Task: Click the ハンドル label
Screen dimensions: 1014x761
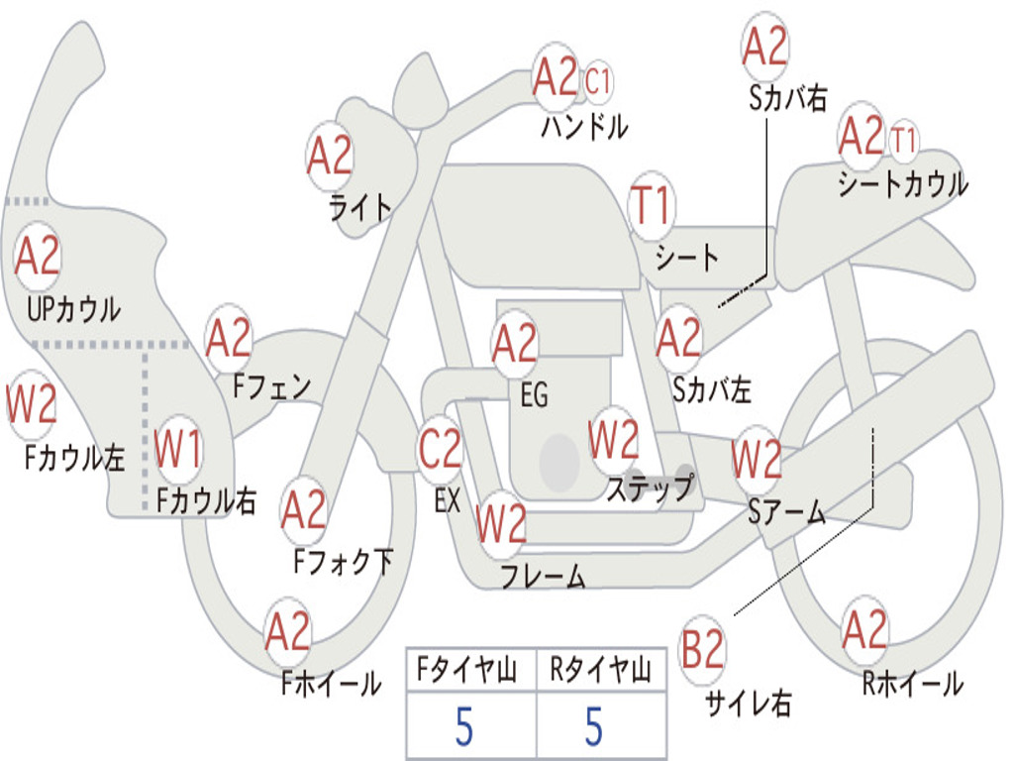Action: point(584,126)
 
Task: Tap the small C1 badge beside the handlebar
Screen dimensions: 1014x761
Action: point(597,82)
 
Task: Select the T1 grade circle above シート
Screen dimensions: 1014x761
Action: point(652,206)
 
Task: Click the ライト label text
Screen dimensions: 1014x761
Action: point(360,208)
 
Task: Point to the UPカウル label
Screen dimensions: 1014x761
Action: point(73,309)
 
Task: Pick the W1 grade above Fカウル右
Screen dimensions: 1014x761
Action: point(178,449)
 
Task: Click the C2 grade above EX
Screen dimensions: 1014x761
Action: point(440,449)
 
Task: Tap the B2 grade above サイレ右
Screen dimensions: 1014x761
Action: point(702,648)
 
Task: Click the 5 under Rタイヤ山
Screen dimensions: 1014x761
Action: point(594,726)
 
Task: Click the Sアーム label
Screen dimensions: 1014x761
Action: point(787,512)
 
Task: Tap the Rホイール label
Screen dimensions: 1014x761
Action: point(913,684)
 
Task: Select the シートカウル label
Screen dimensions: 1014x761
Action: point(903,184)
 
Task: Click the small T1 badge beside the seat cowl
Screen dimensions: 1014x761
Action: point(903,141)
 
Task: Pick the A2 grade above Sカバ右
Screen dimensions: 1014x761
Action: point(765,47)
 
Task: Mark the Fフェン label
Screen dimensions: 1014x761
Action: point(271,386)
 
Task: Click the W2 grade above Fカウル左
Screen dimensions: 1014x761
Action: point(31,404)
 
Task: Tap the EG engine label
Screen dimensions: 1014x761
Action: point(534,394)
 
